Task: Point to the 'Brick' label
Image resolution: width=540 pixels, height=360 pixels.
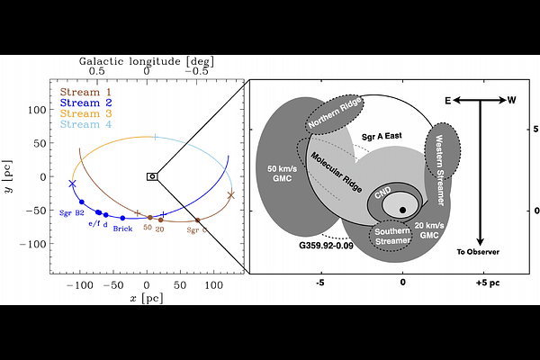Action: pos(123,229)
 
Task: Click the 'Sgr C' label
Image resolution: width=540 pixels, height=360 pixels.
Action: pos(198,229)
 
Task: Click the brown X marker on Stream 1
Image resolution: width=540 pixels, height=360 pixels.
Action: pos(231,194)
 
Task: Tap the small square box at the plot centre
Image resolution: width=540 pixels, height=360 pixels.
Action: pos(152,176)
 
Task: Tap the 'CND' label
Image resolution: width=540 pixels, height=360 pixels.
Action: pos(383,193)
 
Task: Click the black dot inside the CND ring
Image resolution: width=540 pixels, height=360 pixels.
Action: pos(402,210)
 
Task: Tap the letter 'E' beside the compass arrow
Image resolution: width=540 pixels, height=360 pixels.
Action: pos(445,100)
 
